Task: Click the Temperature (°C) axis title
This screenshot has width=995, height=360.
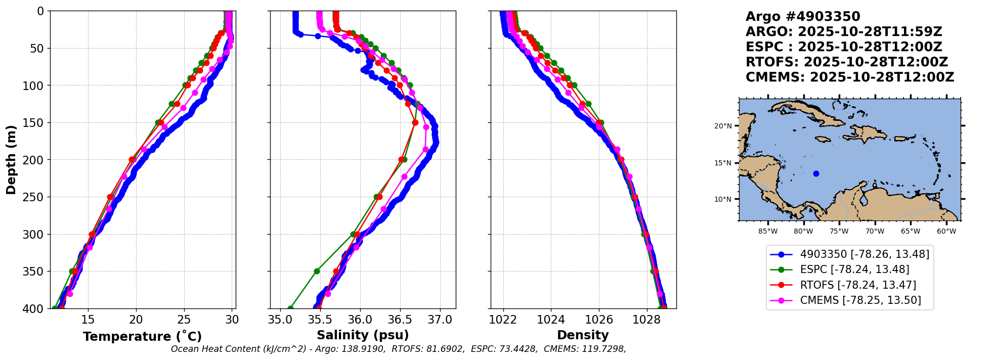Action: [142, 337]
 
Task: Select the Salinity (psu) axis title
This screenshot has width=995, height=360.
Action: [363, 335]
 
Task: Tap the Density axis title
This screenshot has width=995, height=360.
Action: [583, 335]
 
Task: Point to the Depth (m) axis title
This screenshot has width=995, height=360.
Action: [11, 160]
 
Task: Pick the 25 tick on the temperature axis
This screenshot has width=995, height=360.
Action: [184, 320]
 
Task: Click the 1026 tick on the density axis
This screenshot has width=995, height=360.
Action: [599, 320]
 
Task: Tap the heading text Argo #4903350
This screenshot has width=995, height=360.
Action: [803, 17]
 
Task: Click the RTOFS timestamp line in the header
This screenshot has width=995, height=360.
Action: [846, 62]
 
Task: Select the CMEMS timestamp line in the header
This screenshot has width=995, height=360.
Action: [849, 77]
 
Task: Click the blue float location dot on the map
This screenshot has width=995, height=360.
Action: [816, 174]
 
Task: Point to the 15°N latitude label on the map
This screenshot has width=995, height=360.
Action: [723, 163]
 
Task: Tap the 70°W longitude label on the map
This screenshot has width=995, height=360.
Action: [875, 232]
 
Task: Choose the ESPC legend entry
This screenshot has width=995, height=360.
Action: [854, 269]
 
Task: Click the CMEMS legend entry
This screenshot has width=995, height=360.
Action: [860, 300]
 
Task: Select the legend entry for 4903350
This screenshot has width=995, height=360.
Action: [864, 254]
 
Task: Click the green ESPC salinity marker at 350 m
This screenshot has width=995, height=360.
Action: [317, 272]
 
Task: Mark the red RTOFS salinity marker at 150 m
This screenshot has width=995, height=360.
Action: [415, 122]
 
